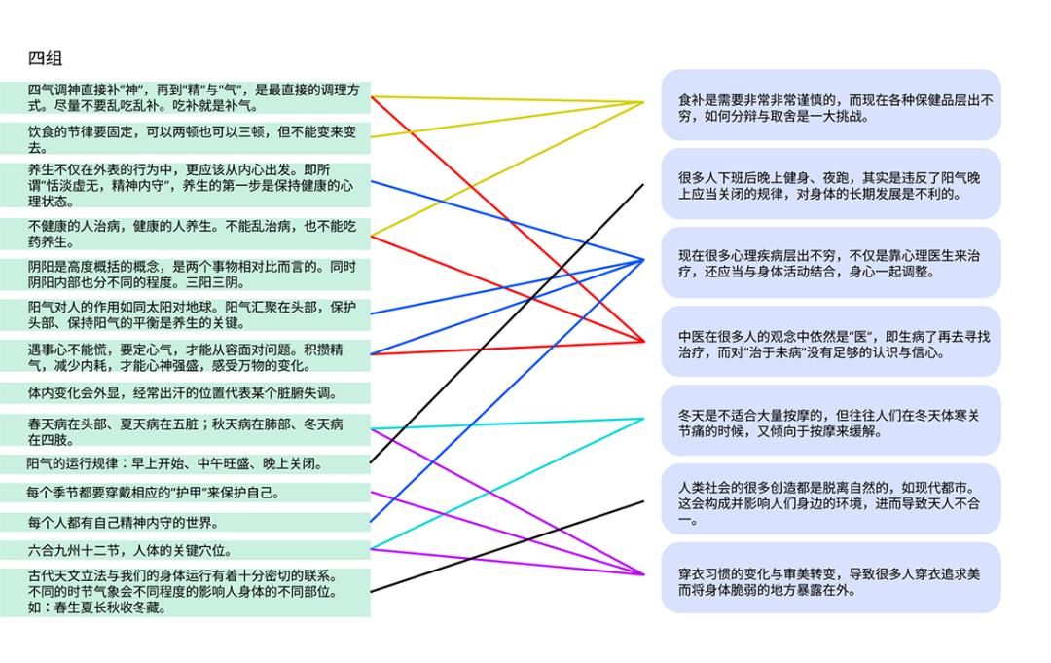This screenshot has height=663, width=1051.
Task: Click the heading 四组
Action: pyautogui.click(x=46, y=57)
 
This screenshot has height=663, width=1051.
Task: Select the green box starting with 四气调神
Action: pyautogui.click(x=185, y=97)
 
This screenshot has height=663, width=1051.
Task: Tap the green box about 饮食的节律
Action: pyautogui.click(x=185, y=138)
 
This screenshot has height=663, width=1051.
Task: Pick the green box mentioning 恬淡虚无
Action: pyautogui.click(x=185, y=185)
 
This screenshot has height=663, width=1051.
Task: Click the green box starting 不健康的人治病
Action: pyautogui.click(x=185, y=234)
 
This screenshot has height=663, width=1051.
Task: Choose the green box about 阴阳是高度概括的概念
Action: pyautogui.click(x=185, y=274)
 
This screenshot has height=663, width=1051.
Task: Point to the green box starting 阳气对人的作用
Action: pyautogui.click(x=185, y=314)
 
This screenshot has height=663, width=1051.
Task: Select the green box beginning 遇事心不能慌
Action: pyautogui.click(x=185, y=356)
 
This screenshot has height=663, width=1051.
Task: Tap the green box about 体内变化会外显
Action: pyautogui.click(x=185, y=393)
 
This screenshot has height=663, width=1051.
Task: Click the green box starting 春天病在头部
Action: pyautogui.click(x=185, y=431)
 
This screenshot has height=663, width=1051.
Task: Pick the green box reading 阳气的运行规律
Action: pyautogui.click(x=185, y=464)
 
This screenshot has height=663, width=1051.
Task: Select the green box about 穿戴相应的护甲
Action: pyautogui.click(x=185, y=494)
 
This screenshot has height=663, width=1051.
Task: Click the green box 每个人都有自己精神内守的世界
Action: pyautogui.click(x=185, y=523)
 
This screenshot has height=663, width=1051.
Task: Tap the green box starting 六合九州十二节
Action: pyautogui.click(x=185, y=551)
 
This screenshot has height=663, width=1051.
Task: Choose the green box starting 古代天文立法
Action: pyautogui.click(x=185, y=592)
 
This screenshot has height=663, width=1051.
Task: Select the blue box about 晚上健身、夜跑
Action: pyautogui.click(x=831, y=184)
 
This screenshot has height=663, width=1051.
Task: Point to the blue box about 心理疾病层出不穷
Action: pyautogui.click(x=831, y=263)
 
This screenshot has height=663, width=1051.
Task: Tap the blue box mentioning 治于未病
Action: pyautogui.click(x=831, y=343)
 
